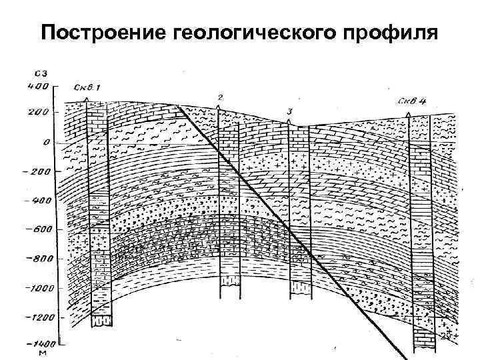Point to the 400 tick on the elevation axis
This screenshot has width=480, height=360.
point(38,85)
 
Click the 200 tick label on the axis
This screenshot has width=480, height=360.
point(38,112)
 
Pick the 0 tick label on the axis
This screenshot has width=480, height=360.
point(46,142)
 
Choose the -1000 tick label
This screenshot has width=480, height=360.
point(34,289)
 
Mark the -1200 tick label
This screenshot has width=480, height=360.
point(34,317)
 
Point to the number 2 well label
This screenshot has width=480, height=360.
point(220,97)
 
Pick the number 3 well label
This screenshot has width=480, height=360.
point(289,111)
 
